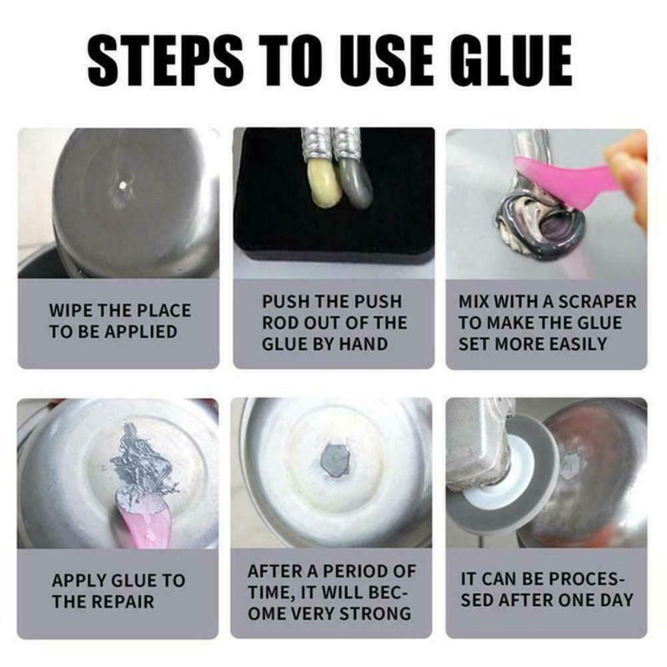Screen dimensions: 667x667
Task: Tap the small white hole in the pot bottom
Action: pyautogui.click(x=123, y=185)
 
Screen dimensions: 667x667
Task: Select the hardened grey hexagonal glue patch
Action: pyautogui.click(x=336, y=460)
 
